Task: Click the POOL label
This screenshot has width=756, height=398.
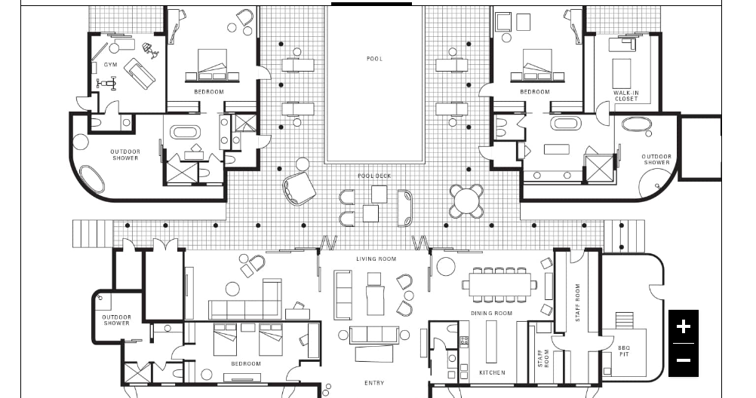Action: pyautogui.click(x=375, y=59)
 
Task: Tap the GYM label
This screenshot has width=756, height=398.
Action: pyautogui.click(x=110, y=65)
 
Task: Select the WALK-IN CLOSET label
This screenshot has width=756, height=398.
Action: pyautogui.click(x=625, y=96)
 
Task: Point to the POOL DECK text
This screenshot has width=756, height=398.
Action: pyautogui.click(x=375, y=176)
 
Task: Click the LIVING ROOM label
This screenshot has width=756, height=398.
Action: pyautogui.click(x=376, y=259)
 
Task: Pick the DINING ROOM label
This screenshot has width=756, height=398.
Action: pyautogui.click(x=491, y=313)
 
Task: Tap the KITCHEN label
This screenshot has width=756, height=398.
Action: pyautogui.click(x=492, y=372)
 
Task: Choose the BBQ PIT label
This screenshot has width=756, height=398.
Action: pyautogui.click(x=624, y=351)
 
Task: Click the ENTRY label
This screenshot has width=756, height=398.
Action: pyautogui.click(x=374, y=383)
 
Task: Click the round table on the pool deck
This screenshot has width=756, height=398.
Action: pyautogui.click(x=466, y=201)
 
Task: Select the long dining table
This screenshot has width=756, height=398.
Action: pyautogui.click(x=499, y=285)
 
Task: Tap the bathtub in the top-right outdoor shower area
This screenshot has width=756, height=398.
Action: pyautogui.click(x=637, y=124)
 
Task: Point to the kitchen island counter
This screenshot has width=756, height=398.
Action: pyautogui.click(x=491, y=341)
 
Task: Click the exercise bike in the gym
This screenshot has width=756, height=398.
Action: pyautogui.click(x=106, y=84)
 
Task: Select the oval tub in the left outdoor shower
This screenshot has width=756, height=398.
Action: pyautogui.click(x=91, y=179)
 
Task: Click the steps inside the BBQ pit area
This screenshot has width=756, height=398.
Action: pyautogui.click(x=625, y=320)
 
